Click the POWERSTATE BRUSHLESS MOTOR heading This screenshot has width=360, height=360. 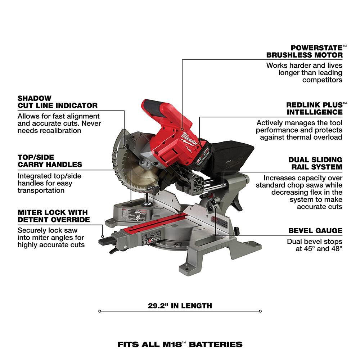click(x=304, y=51)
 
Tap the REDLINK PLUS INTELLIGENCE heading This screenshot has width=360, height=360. click(x=314, y=108)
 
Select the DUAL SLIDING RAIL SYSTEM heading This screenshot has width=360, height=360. click(x=315, y=163)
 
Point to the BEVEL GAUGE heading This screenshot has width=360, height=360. click(x=315, y=231)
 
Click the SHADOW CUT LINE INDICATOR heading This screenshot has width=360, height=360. click(x=57, y=102)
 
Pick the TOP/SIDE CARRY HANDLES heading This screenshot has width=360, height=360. click(x=50, y=161)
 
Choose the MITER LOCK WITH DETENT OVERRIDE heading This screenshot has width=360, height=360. click(x=53, y=216)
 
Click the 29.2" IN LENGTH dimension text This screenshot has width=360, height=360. click(x=180, y=306)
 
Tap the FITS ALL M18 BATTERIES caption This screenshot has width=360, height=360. click(x=180, y=344)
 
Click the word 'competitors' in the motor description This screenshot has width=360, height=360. click(x=322, y=80)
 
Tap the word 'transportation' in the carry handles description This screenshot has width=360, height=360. click(x=41, y=190)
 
